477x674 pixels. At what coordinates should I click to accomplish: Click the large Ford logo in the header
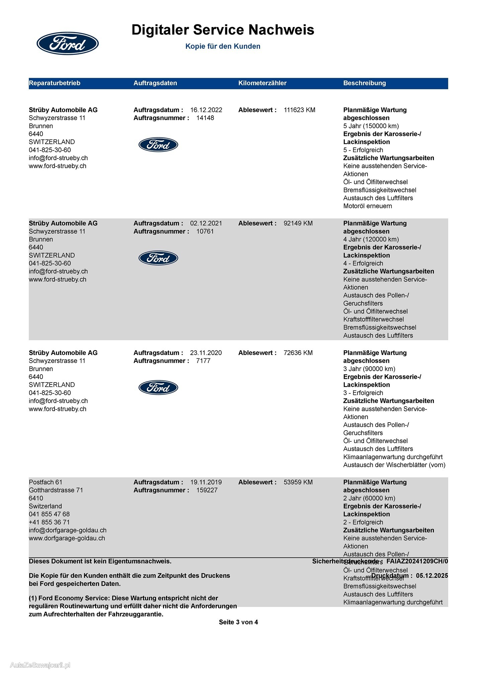coord(67,43)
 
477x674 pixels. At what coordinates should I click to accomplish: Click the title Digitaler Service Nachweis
coord(223,30)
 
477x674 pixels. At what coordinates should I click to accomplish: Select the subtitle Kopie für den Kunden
coord(223,46)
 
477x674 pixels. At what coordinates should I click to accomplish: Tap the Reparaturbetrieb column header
coord(55,83)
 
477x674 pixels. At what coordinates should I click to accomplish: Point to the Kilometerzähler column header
coord(262,83)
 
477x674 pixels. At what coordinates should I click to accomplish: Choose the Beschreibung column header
coord(364,83)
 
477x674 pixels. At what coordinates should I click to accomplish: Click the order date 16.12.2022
coord(206,110)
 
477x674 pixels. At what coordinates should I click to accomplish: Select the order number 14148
coord(205,118)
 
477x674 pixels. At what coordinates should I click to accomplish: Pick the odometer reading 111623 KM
coord(299,110)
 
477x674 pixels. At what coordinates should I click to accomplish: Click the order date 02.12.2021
coord(206,223)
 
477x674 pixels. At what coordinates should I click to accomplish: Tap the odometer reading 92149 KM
coord(298,223)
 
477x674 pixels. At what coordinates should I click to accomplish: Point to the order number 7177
coord(203,361)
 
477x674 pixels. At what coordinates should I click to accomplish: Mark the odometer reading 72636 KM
coord(298,353)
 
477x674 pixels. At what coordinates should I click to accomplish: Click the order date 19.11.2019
coord(206,482)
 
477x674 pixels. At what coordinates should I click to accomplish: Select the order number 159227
coord(207,490)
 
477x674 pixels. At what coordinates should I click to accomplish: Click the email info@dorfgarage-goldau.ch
coord(68,530)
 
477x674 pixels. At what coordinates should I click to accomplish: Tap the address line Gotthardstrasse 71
coord(56,490)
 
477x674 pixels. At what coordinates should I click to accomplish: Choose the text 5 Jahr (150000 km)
coord(371,126)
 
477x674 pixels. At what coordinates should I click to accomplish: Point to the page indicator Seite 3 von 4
coord(238,622)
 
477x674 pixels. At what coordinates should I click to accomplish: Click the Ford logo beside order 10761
coord(158,258)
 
